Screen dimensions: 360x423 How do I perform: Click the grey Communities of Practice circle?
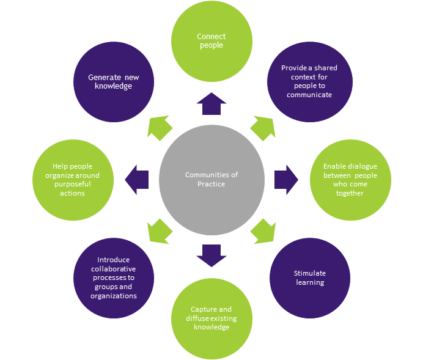tap(211, 178)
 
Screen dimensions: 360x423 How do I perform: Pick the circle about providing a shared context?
tap(309, 82)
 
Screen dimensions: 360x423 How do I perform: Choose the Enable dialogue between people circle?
tap(350, 179)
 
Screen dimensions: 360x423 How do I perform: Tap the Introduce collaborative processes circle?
tap(114, 277)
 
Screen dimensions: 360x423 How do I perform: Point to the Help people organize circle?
tap(73, 179)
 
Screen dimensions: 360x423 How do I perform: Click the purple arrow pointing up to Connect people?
tap(211, 104)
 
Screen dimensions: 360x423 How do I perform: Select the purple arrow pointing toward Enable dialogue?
tap(285, 179)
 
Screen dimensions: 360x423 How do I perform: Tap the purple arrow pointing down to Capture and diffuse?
tap(211, 254)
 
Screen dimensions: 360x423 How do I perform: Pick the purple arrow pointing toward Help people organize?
tap(137, 179)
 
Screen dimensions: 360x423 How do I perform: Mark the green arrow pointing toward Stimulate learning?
tap(263, 231)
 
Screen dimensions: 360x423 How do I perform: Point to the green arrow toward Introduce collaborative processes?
tap(160, 231)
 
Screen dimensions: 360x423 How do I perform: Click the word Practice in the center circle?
tap(211, 184)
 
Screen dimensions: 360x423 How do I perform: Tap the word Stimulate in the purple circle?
tap(310, 273)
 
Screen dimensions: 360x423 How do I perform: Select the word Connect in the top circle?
tap(211, 37)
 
